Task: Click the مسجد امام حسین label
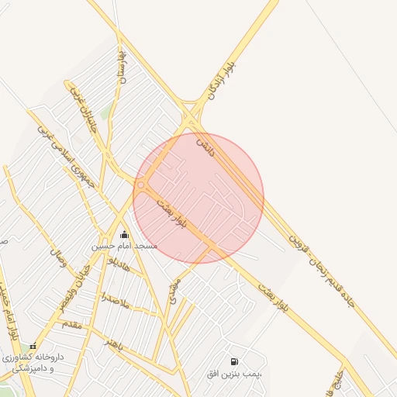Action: point(124,246)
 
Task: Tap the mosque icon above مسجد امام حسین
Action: point(124,234)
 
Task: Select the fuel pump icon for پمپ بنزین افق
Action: point(234,361)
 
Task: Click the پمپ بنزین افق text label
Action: point(235,374)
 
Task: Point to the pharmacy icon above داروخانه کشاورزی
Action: point(33,347)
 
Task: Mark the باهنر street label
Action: point(116,344)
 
